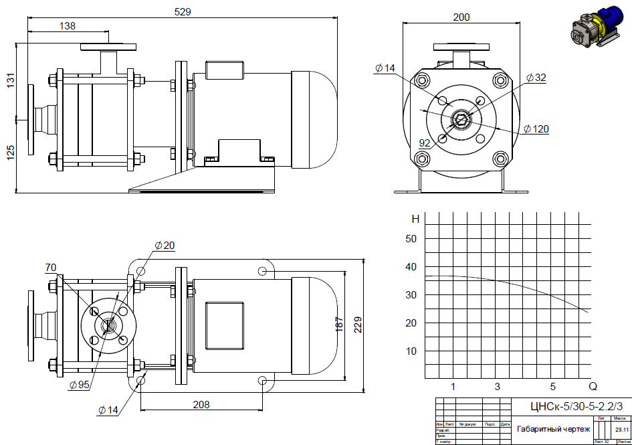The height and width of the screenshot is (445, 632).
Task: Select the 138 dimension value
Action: [x=68, y=26]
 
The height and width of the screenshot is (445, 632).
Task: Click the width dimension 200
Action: [x=461, y=17]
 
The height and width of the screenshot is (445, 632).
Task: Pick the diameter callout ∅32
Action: [x=536, y=78]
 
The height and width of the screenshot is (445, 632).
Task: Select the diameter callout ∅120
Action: [x=536, y=128]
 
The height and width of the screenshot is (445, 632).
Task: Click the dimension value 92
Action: [x=425, y=143]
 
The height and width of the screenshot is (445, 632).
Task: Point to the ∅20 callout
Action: [x=165, y=246]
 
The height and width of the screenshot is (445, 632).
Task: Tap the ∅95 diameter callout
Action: [x=79, y=385]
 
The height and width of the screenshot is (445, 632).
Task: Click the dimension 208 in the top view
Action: [x=201, y=404]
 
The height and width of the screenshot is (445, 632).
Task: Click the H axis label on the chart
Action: [x=415, y=219]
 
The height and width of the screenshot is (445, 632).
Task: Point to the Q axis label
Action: [x=593, y=386]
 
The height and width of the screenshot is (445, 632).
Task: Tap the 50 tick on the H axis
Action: [x=411, y=239]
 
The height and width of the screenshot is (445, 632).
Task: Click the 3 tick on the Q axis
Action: [x=497, y=386]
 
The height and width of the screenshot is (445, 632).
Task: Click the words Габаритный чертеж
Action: [x=553, y=429]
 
